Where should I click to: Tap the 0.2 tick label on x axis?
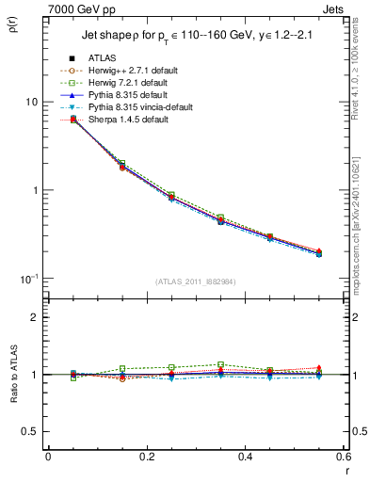(x=146, y=457)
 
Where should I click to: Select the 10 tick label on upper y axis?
(x=29, y=102)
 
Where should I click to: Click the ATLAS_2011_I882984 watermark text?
(x=196, y=281)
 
